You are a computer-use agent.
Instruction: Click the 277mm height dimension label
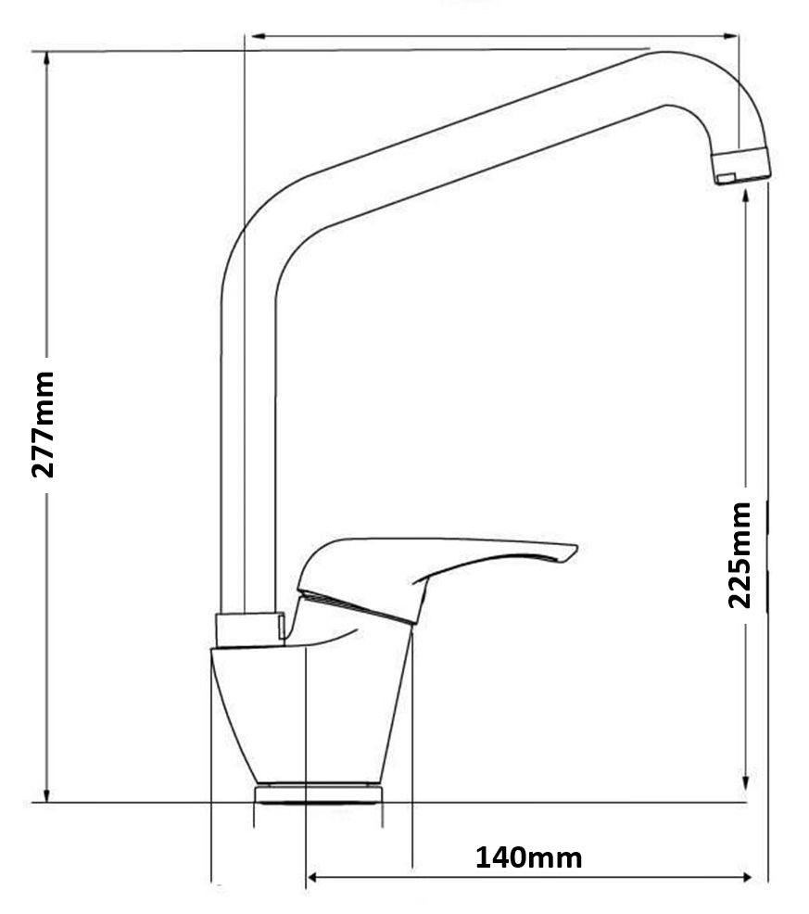44,425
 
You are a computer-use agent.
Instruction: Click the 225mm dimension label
740,555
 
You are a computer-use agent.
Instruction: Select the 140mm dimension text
528,858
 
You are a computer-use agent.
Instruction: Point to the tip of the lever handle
575,549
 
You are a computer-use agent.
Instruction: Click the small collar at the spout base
250,629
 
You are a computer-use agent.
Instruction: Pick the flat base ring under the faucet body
318,793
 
